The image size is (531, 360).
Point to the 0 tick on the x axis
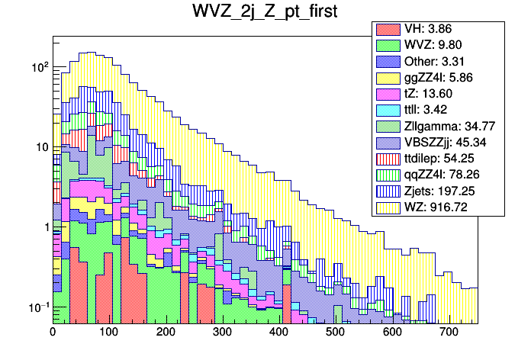click(x=53, y=333)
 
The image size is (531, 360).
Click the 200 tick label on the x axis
click(x=166, y=333)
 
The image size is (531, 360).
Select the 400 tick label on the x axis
click(x=278, y=333)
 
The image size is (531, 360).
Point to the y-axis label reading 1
click(x=45, y=227)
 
